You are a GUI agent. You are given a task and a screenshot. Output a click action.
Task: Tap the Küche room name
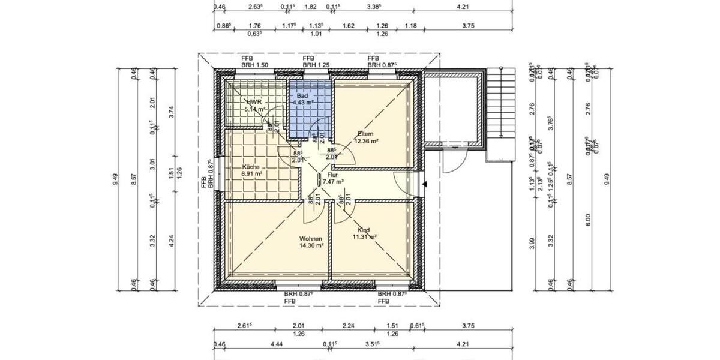coord(251,167)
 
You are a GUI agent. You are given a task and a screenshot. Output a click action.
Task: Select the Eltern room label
coord(365,134)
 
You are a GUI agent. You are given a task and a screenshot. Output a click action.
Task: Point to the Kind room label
coord(363,230)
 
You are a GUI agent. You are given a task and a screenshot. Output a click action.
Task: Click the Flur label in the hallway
coord(332,175)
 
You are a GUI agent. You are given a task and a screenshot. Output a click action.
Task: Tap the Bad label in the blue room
coord(302,96)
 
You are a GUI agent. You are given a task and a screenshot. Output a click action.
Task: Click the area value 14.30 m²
coord(311,245)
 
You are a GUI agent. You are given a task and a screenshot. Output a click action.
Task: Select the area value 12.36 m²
coord(365,141)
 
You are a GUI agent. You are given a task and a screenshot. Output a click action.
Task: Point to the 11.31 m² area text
coord(364,237)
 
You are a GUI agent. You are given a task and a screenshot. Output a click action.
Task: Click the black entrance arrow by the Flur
coord(424,184)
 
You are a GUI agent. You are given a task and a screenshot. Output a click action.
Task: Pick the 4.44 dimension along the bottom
coord(260,344)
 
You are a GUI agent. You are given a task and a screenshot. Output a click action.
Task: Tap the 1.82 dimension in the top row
coord(311,8)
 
